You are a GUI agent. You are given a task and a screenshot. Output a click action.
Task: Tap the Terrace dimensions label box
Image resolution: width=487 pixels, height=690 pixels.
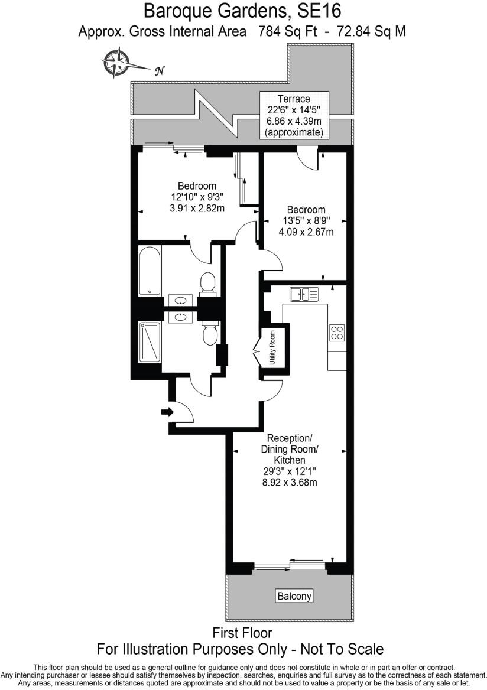[294, 115]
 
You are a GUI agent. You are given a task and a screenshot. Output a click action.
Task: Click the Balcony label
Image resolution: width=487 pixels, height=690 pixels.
[294, 595]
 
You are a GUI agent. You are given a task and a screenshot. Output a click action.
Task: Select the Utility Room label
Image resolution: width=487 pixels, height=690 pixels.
[272, 348]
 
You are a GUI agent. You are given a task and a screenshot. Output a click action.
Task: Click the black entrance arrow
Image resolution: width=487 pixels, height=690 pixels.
[167, 412]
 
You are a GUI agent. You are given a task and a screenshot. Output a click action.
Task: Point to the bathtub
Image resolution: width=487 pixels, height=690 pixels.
[150, 271]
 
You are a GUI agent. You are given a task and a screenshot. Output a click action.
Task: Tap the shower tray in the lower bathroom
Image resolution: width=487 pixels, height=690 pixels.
[150, 341]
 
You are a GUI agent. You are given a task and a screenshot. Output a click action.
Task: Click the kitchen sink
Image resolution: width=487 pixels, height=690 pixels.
[304, 294]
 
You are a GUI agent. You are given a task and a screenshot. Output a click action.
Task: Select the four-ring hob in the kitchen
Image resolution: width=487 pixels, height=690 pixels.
[337, 333]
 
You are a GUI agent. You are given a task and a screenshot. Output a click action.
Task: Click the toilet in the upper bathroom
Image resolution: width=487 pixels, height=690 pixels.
[207, 282]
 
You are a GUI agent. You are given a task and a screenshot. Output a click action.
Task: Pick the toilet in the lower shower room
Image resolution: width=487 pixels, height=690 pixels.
[209, 334]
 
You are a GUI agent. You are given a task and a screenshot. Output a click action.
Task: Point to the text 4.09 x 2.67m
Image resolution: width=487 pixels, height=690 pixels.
[306, 232]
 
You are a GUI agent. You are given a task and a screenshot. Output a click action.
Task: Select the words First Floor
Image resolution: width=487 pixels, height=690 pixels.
[242, 633]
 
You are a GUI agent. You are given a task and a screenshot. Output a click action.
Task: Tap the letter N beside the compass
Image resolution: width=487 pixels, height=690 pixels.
[158, 71]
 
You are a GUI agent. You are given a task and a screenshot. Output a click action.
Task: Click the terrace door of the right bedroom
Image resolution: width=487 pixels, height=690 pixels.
[307, 158]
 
